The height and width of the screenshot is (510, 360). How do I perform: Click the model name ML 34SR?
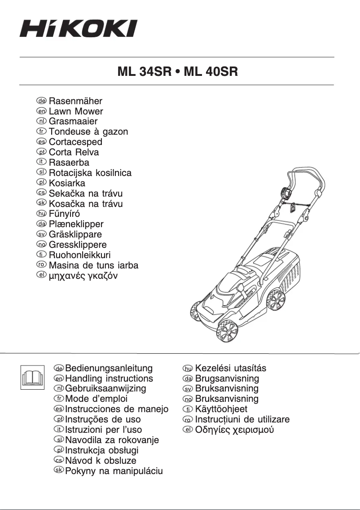click(x=143, y=72)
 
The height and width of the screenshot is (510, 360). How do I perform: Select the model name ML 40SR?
click(x=211, y=72)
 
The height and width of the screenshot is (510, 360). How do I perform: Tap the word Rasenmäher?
click(x=75, y=101)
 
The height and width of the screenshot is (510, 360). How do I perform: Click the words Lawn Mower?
click(x=76, y=111)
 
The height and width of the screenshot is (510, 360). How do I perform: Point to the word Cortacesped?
click(x=75, y=142)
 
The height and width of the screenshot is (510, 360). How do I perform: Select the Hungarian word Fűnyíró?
click(x=64, y=214)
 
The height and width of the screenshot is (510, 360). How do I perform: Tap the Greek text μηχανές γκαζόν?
click(x=83, y=275)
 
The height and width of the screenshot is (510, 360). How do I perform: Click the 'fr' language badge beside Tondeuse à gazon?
click(x=41, y=132)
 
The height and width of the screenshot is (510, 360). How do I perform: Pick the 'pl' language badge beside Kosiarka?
click(x=41, y=183)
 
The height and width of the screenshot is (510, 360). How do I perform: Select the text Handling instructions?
click(x=109, y=378)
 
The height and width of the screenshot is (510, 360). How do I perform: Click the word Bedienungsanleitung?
click(x=109, y=369)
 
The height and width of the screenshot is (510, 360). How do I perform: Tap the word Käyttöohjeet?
click(x=221, y=409)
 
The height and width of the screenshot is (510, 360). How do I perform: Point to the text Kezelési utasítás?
click(x=231, y=368)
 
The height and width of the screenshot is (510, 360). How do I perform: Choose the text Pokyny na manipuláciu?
click(x=114, y=471)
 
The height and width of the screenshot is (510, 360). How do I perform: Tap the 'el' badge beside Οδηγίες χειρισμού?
click(x=187, y=430)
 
